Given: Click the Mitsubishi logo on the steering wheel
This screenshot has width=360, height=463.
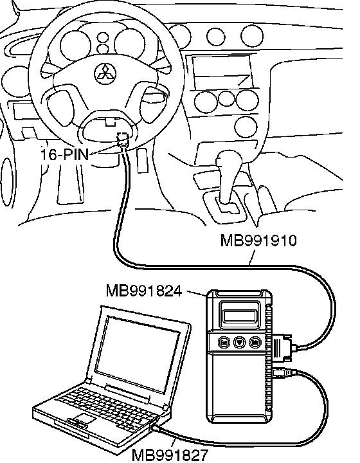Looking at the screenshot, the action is (105, 73).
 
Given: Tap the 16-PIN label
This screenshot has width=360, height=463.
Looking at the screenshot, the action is (64, 154).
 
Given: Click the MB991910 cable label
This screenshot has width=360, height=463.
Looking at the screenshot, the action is (258, 241).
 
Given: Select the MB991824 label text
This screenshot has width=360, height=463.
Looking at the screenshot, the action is (144, 291).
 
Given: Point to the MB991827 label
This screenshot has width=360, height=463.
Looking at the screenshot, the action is (170, 455).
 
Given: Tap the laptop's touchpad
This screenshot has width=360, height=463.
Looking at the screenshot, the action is (83, 419).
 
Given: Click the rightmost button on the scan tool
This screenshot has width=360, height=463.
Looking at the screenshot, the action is (255, 343).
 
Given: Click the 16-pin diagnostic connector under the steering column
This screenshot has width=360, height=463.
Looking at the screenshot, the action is (123, 140).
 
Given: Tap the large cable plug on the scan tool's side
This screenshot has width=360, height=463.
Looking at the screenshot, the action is (283, 346).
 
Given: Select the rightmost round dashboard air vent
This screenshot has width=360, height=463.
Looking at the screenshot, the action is (252, 35).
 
